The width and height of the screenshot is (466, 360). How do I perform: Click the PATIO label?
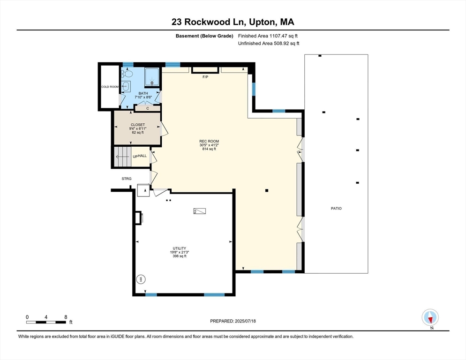click(336, 209)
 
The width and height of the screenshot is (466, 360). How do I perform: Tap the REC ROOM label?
click(209, 141)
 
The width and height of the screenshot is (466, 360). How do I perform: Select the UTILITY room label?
click(180, 248)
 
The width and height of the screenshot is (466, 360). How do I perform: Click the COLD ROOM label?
click(110, 87)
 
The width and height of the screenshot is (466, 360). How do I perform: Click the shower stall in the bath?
click(152, 77)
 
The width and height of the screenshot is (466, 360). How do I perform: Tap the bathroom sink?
click(126, 86)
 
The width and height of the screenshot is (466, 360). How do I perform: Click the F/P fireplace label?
click(205, 77)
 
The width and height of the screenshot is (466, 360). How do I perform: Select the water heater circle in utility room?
click(141, 279)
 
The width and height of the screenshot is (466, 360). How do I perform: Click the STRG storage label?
click(126, 179)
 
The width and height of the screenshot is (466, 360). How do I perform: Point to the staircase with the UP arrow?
click(123, 157)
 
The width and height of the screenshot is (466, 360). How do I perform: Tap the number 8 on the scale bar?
click(66, 317)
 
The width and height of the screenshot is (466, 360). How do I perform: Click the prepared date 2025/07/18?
click(245, 321)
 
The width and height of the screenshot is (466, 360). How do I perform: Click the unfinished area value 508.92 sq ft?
click(286, 44)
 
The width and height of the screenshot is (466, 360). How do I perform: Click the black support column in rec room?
click(267, 191)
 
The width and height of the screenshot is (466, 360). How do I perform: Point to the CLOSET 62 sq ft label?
click(138, 128)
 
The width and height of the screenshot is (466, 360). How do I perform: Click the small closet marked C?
click(148, 108)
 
